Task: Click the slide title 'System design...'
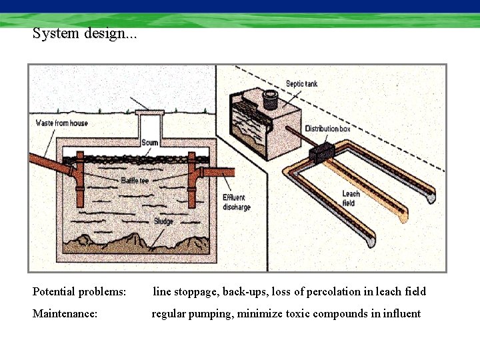(85, 33)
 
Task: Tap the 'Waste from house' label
(61, 123)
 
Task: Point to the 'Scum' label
(150, 143)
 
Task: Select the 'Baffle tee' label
(135, 180)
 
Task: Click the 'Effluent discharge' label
(237, 203)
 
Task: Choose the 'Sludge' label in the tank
(164, 221)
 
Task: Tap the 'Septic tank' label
(302, 84)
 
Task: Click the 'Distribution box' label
(327, 128)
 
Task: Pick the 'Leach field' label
(350, 198)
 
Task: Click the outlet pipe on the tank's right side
(216, 172)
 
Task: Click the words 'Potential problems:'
(79, 292)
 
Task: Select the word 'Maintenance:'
(65, 313)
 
